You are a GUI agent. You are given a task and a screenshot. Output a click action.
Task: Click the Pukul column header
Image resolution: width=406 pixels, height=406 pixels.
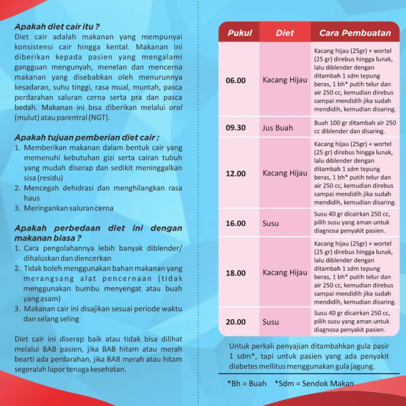point(240,33)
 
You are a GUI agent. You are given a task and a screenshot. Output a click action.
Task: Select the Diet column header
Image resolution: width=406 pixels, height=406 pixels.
point(285,33)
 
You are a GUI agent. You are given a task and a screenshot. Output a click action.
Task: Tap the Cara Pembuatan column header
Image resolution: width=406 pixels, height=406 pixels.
point(355,33)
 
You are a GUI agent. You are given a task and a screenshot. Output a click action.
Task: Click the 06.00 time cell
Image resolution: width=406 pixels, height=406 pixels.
point(235,80)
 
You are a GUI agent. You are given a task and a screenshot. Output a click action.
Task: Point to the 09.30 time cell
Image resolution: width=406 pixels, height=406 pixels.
point(235,128)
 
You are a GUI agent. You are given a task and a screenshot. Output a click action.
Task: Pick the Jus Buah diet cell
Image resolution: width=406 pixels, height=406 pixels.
point(277,128)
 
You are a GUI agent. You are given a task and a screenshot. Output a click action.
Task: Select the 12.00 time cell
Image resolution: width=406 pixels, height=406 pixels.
point(235,174)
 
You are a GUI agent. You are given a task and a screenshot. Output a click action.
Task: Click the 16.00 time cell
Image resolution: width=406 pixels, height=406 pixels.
point(235,223)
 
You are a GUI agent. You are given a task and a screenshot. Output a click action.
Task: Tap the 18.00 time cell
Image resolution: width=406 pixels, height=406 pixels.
point(235,273)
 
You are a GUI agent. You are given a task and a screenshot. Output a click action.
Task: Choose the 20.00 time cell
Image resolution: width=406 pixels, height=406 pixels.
point(235,322)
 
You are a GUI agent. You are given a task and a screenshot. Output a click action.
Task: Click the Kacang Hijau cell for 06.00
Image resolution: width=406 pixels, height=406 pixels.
point(285,80)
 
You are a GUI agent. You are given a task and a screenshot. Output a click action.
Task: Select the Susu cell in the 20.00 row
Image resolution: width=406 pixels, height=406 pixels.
point(271,322)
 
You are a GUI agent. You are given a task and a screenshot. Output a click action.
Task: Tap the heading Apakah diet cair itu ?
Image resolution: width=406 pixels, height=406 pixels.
point(57,27)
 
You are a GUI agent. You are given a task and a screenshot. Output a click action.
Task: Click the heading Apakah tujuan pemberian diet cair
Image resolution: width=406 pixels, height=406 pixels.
point(87,137)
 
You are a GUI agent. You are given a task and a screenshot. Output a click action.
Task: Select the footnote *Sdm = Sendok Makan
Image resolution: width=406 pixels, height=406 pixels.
point(314,384)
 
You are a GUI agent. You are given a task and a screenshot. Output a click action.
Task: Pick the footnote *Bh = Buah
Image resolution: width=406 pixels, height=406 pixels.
point(247,384)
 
